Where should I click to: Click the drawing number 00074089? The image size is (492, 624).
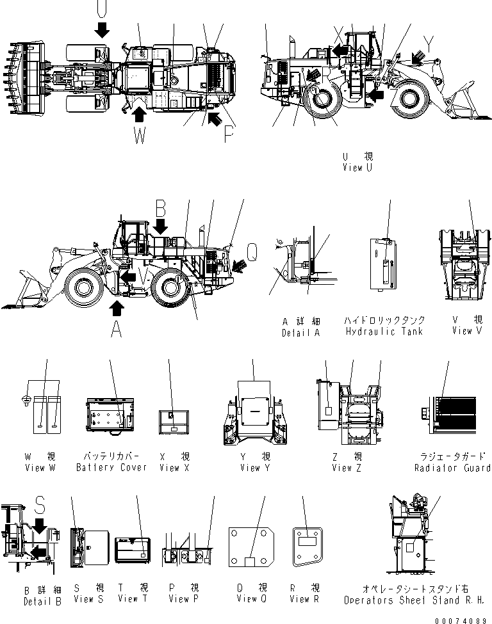pyautogui.click(x=460, y=618)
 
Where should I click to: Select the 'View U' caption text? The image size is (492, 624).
pyautogui.click(x=357, y=168)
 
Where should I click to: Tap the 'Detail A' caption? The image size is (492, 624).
pyautogui.click(x=300, y=333)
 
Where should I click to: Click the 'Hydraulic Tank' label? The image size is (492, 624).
pyautogui.click(x=384, y=332)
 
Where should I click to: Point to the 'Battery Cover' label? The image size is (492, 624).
pyautogui.click(x=111, y=467)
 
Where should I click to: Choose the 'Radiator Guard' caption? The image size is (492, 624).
pyautogui.click(x=452, y=468)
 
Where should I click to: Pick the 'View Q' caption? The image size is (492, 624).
pyautogui.click(x=251, y=599)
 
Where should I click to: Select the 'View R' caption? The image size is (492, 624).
pyautogui.click(x=304, y=599)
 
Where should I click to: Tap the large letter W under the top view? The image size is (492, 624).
pyautogui.click(x=140, y=137)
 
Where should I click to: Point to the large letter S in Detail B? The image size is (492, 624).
pyautogui.click(x=40, y=508)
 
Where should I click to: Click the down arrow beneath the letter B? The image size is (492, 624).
pyautogui.click(x=161, y=225)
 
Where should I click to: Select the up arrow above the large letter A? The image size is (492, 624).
pyautogui.click(x=116, y=308)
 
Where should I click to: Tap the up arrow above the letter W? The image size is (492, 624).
pyautogui.click(x=138, y=114)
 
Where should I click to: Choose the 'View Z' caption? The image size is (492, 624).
pyautogui.click(x=347, y=468)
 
